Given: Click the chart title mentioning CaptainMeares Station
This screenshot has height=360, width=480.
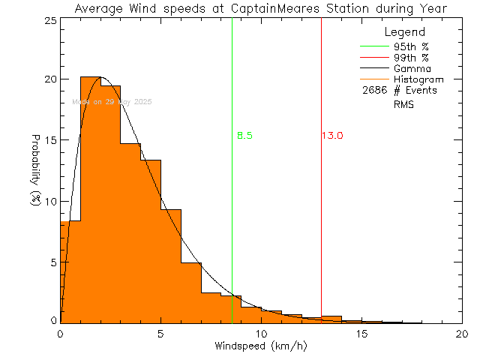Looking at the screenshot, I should click(x=261, y=8).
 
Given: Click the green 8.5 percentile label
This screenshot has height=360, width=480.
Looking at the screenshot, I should click(x=244, y=136).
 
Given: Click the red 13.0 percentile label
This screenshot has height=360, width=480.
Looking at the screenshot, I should click(x=333, y=136).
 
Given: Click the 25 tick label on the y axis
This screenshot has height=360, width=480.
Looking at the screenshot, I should click(x=49, y=20).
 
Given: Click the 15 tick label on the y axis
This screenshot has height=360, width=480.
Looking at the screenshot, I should click(x=49, y=141).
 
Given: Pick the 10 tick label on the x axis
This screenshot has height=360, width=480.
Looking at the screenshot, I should click(x=261, y=334).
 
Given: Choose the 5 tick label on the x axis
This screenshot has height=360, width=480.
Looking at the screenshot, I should click(x=160, y=334).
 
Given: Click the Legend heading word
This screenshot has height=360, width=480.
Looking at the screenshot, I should click(x=404, y=33).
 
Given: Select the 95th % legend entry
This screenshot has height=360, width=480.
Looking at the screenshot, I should click(x=410, y=46).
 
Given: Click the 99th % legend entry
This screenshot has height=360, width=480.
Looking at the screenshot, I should click(x=410, y=57).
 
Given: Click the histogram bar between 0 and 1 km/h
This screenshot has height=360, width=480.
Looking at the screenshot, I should click(x=70, y=270).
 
